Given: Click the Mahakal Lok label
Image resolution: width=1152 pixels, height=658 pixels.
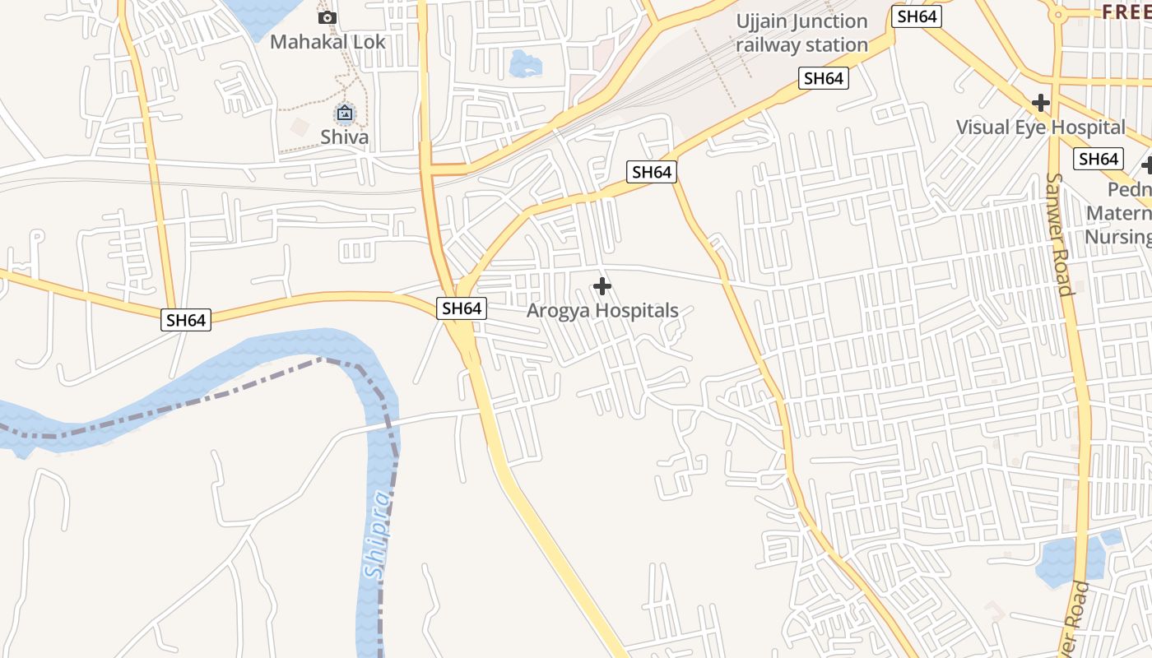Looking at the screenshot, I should (x=327, y=41).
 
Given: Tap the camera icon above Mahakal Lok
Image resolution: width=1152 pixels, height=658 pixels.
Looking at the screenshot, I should (x=327, y=17).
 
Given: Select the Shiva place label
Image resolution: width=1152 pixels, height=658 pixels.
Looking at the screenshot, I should (x=345, y=137).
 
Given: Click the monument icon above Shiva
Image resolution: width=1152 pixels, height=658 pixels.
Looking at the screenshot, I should (x=345, y=113).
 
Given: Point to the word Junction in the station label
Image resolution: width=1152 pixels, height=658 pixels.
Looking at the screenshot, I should (x=827, y=21).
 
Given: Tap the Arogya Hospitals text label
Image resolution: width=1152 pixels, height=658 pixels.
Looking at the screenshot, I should (x=602, y=311).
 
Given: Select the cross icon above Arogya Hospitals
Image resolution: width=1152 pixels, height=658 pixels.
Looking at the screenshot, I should (x=602, y=286).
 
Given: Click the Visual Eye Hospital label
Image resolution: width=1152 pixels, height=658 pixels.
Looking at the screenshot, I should (x=1040, y=127).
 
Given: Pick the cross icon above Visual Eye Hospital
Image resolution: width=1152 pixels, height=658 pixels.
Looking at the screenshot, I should (x=1041, y=103).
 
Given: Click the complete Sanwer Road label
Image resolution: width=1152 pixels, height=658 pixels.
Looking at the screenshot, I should (x=1061, y=234).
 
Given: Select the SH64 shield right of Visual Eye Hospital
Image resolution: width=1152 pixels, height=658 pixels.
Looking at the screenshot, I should (x=1099, y=159).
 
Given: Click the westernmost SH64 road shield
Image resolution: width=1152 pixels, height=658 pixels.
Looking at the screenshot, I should (x=186, y=320).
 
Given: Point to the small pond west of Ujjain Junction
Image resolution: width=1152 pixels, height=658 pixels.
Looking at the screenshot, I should (x=524, y=63).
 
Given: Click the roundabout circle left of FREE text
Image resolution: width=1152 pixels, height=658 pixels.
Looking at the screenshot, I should (x=1057, y=14).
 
